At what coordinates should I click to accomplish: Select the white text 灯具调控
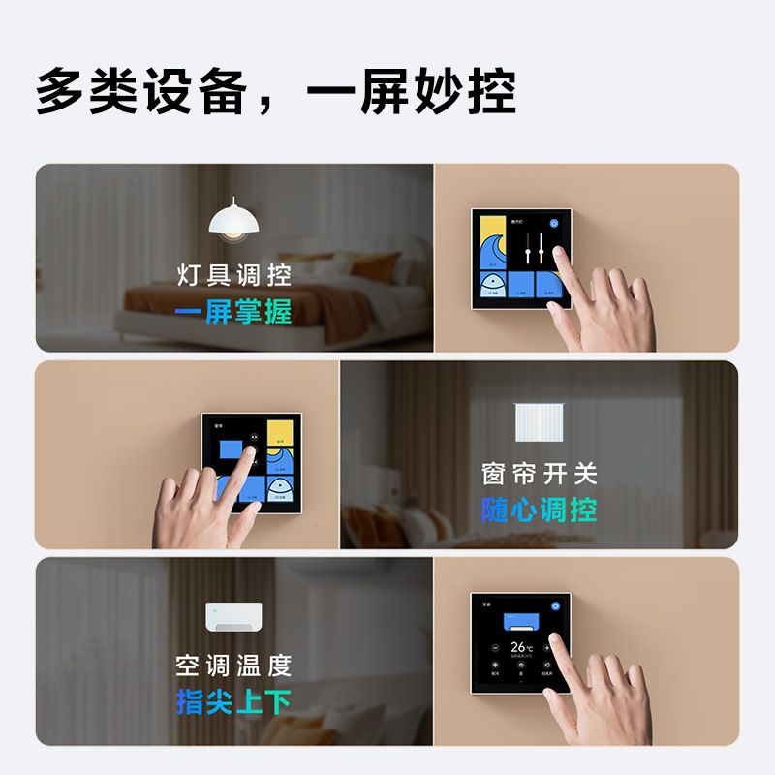click(x=233, y=275)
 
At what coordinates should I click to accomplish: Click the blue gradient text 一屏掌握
click(x=233, y=312)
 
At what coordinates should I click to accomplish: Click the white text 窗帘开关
click(x=540, y=474)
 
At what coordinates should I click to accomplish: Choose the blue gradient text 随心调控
click(x=540, y=510)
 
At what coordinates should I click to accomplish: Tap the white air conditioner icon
click(x=233, y=617)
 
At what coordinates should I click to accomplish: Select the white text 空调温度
click(x=233, y=666)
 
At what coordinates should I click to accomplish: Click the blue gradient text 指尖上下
click(x=233, y=701)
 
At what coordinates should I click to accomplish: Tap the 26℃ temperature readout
click(x=522, y=646)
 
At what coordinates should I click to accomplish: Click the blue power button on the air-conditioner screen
click(x=555, y=606)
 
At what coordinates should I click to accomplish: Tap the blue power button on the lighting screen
click(x=554, y=222)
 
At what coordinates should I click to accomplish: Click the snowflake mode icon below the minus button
click(x=495, y=666)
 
